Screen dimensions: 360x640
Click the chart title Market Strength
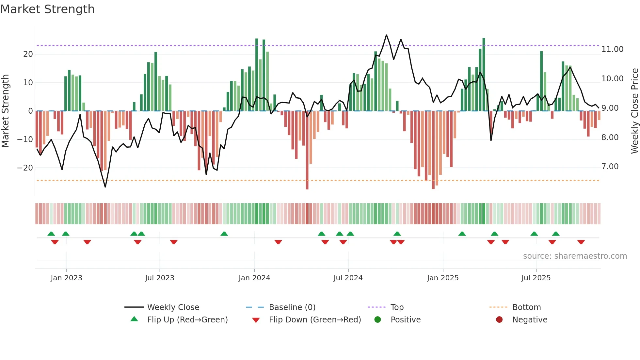click(47, 9)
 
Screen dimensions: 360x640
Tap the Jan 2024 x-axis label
click(254, 278)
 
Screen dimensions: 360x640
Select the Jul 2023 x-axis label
click(159, 278)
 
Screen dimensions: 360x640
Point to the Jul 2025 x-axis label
click(536, 278)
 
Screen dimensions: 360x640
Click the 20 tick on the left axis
click(28, 54)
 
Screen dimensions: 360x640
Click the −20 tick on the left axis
click(25, 168)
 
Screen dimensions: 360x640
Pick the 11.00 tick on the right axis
click(612, 49)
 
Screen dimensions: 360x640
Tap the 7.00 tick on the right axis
click(610, 167)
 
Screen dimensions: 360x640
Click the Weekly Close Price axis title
click(634, 111)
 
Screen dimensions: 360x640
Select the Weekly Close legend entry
click(173, 307)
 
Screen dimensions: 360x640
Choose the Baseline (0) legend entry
click(292, 307)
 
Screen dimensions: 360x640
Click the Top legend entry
click(397, 307)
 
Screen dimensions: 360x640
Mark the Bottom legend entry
click(526, 307)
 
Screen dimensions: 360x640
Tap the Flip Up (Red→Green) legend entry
click(187, 320)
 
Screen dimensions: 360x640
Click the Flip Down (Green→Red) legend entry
click(315, 320)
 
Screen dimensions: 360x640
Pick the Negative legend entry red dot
click(499, 319)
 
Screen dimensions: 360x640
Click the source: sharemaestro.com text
click(575, 256)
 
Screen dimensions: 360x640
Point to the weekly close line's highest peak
click(386, 35)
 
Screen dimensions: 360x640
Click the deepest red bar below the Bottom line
click(307, 186)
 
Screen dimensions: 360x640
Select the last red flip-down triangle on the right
click(581, 242)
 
